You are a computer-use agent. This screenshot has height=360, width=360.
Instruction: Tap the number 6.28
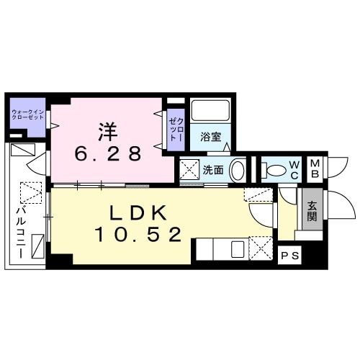(x=108, y=153)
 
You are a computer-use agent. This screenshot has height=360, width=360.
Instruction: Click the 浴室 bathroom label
(x=210, y=135)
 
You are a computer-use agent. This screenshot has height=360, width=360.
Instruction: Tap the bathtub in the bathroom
(x=210, y=111)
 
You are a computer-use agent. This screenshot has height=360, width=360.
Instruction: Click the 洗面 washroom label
(x=212, y=171)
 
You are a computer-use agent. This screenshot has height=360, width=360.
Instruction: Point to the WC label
(x=294, y=171)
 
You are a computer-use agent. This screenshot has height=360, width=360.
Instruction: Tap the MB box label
(x=315, y=170)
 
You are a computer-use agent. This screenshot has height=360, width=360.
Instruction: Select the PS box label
(x=289, y=255)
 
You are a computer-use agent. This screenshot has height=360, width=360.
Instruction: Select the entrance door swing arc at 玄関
(x=341, y=205)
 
